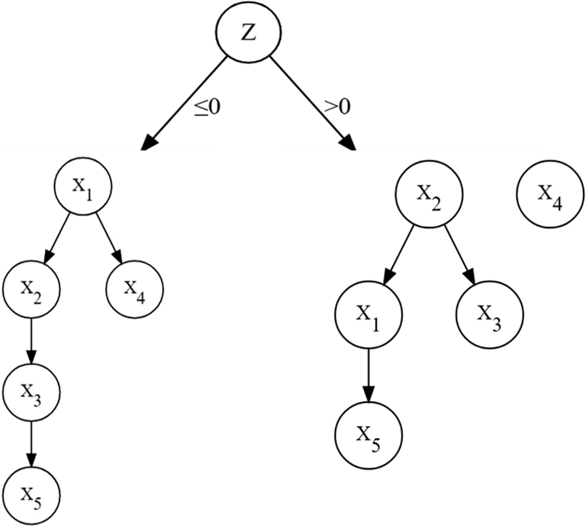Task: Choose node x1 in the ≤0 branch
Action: pos(84,186)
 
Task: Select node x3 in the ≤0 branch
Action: pos(31,392)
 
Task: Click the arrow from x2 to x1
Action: pos(396,253)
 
